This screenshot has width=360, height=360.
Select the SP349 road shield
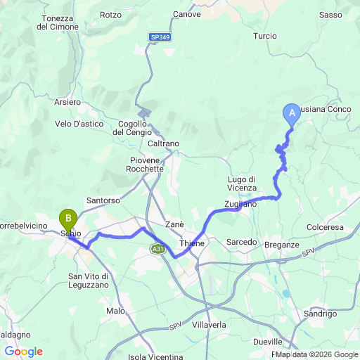click(x=160, y=37)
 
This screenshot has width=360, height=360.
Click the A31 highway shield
click(x=157, y=248)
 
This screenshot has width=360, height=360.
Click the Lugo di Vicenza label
click(x=245, y=183)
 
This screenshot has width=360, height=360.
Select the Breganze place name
click(x=283, y=244)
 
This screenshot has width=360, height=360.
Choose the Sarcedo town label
click(x=241, y=242)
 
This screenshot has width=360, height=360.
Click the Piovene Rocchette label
click(x=145, y=165)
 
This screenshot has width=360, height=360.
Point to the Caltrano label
click(x=164, y=143)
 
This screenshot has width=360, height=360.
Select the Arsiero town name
click(x=67, y=102)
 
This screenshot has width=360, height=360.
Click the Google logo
click(x=23, y=351)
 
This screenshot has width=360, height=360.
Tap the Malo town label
click(x=115, y=310)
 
